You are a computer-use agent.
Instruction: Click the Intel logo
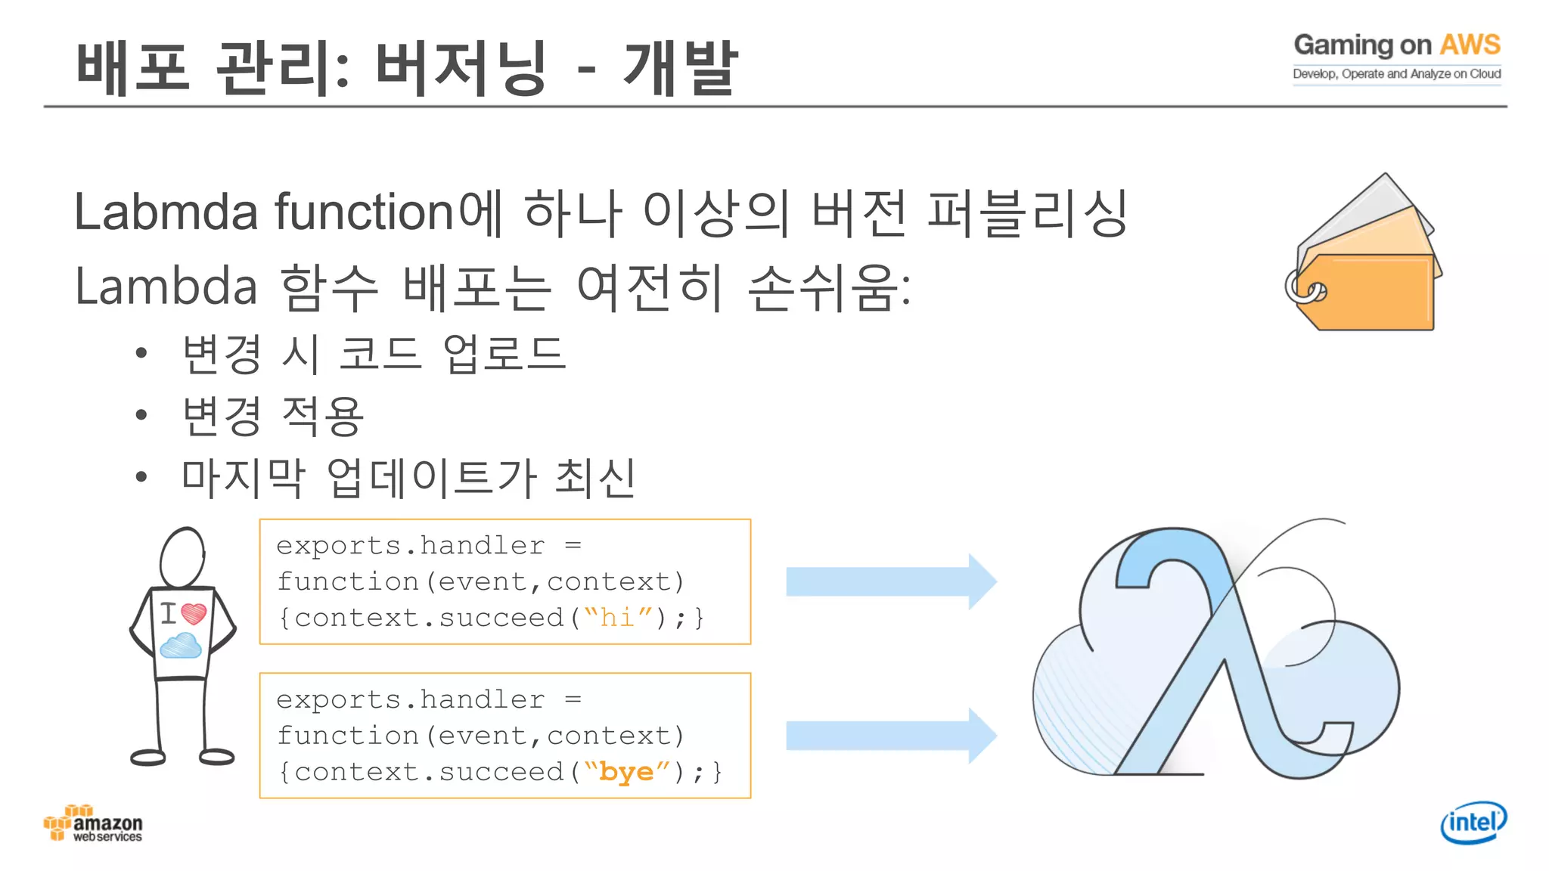pyautogui.click(x=1473, y=822)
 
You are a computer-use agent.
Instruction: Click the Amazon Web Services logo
pyautogui.click(x=93, y=824)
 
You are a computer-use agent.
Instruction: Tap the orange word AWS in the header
pyautogui.click(x=1469, y=45)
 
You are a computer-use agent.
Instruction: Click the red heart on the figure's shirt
pyautogui.click(x=194, y=612)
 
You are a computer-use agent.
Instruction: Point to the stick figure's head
pyautogui.click(x=182, y=557)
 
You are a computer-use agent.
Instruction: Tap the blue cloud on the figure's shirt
pyautogui.click(x=180, y=646)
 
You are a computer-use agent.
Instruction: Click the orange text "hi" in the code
pyautogui.click(x=616, y=618)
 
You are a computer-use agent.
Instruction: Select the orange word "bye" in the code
pyautogui.click(x=626, y=772)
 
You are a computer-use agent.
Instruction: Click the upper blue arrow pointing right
pyautogui.click(x=891, y=581)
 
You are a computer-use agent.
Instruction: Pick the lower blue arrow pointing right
pyautogui.click(x=891, y=736)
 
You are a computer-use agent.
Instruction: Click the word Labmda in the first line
pyautogui.click(x=166, y=212)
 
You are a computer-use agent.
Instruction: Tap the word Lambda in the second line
pyautogui.click(x=166, y=287)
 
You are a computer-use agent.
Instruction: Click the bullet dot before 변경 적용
pyautogui.click(x=141, y=415)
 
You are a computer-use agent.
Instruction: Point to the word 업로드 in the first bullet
pyautogui.click(x=504, y=354)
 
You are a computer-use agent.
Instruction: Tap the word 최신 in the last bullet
pyautogui.click(x=595, y=478)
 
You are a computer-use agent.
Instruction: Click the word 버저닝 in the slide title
pyautogui.click(x=460, y=68)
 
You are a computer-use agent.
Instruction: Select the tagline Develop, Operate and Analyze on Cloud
pyautogui.click(x=1396, y=74)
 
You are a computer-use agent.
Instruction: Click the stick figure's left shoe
pyautogui.click(x=148, y=757)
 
